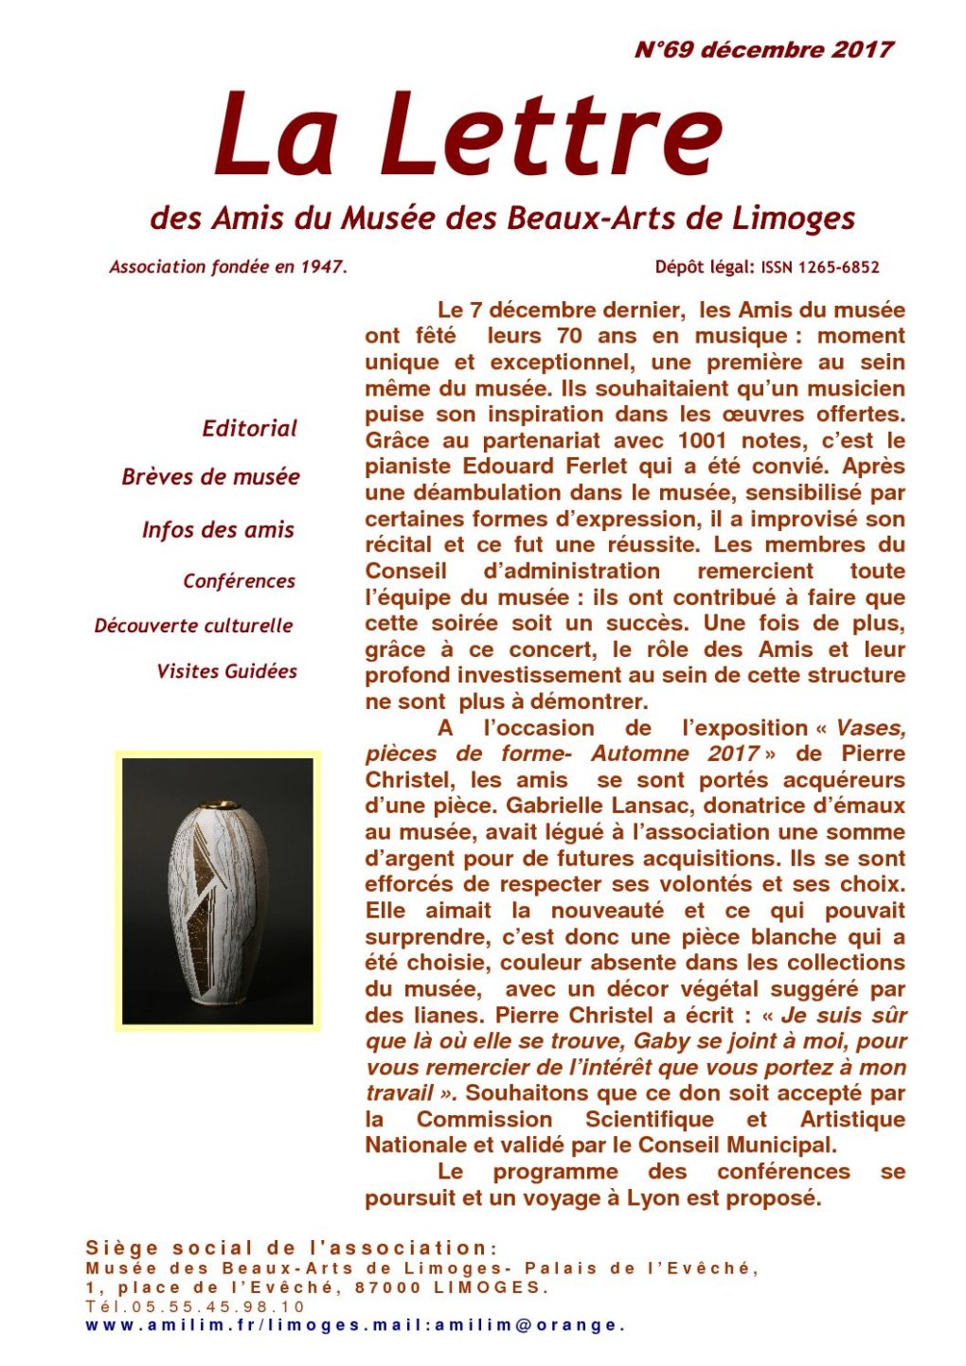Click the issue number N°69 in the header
click(x=664, y=50)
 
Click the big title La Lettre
click(x=468, y=134)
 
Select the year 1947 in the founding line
click(x=322, y=267)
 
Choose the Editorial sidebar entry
click(x=249, y=429)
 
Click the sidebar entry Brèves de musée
click(x=210, y=477)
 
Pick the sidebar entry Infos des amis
click(x=218, y=530)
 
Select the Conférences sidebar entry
click(x=239, y=581)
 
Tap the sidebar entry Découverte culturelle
click(x=193, y=626)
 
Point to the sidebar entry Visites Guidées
click(x=226, y=671)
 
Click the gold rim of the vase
click(x=217, y=805)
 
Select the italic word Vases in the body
click(x=870, y=728)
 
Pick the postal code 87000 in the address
click(x=388, y=1287)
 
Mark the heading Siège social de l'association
click(x=291, y=1249)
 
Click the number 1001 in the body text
click(x=702, y=441)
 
